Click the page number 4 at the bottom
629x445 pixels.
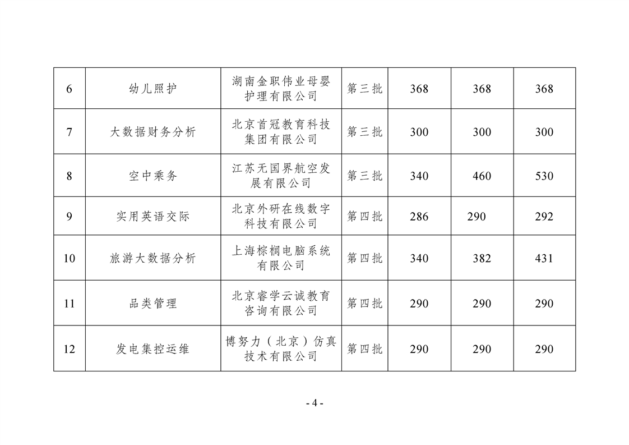314,403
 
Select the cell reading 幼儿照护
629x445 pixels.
153,88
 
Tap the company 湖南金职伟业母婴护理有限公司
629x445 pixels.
281,88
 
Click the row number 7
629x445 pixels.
69,132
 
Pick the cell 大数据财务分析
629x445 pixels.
153,132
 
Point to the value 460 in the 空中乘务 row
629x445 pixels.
482,176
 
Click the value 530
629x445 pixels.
544,176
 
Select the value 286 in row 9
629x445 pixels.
419,217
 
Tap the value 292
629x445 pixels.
544,217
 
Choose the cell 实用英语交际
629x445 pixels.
153,217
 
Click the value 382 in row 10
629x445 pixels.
482,258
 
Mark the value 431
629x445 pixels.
544,258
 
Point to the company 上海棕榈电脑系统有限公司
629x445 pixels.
281,258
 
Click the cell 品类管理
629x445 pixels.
153,303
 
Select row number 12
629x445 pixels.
69,349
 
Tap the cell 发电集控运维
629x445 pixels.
153,349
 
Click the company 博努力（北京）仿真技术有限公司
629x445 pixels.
281,348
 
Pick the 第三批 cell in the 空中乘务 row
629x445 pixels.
364,176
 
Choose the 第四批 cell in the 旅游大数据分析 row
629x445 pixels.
364,258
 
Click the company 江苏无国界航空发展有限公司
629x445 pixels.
281,176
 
